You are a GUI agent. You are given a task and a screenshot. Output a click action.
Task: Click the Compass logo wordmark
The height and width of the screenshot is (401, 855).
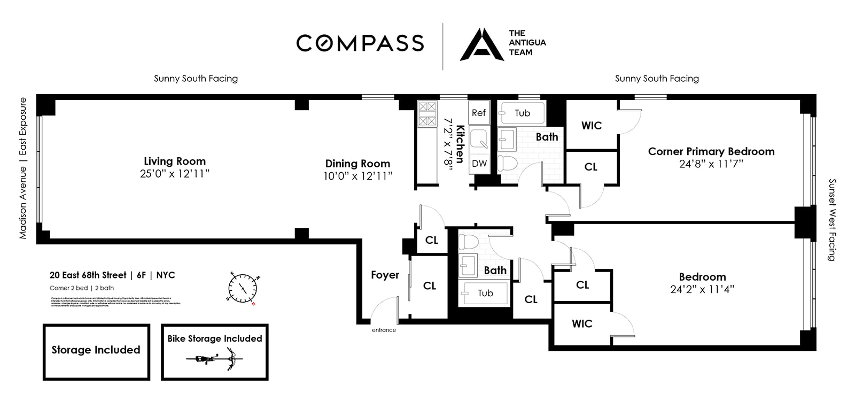click(x=360, y=43)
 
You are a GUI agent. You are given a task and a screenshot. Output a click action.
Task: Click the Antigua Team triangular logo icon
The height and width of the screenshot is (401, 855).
click(x=481, y=45)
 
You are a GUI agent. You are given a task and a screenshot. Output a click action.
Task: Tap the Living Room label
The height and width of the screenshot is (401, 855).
click(x=175, y=161)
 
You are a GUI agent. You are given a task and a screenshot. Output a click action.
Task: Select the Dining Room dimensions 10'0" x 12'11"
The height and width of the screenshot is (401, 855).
click(x=357, y=175)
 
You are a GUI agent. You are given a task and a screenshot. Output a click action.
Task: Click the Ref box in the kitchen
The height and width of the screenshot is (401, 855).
click(x=479, y=113)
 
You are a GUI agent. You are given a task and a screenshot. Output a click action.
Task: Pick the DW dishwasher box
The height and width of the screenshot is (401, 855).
click(x=479, y=163)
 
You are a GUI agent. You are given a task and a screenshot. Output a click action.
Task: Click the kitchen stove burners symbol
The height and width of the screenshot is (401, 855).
click(x=427, y=114)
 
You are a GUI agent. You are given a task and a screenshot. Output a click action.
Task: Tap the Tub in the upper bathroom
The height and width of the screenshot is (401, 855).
click(x=522, y=113)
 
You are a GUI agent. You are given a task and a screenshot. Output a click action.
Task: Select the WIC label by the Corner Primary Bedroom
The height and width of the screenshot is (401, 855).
click(x=592, y=126)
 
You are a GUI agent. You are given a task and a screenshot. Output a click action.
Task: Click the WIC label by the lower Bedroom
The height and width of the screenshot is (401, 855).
click(x=582, y=323)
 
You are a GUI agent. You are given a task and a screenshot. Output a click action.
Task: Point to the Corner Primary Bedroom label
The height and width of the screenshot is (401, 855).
click(x=711, y=151)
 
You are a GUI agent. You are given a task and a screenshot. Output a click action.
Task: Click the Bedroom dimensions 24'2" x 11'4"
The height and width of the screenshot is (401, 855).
click(x=702, y=289)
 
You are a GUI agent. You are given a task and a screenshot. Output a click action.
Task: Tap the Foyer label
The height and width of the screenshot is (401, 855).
click(x=385, y=275)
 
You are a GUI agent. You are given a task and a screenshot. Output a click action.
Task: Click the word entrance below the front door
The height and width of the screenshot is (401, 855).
click(x=384, y=330)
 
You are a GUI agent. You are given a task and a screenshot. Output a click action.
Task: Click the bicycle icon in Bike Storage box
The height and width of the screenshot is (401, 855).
click(x=214, y=358)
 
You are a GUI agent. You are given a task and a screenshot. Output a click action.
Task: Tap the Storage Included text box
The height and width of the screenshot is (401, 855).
click(x=96, y=350)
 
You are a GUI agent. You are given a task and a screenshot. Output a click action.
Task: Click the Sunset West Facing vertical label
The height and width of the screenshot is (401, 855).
click(x=831, y=220)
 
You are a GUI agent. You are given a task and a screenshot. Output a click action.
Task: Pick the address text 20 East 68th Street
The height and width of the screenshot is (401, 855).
click(x=88, y=275)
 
